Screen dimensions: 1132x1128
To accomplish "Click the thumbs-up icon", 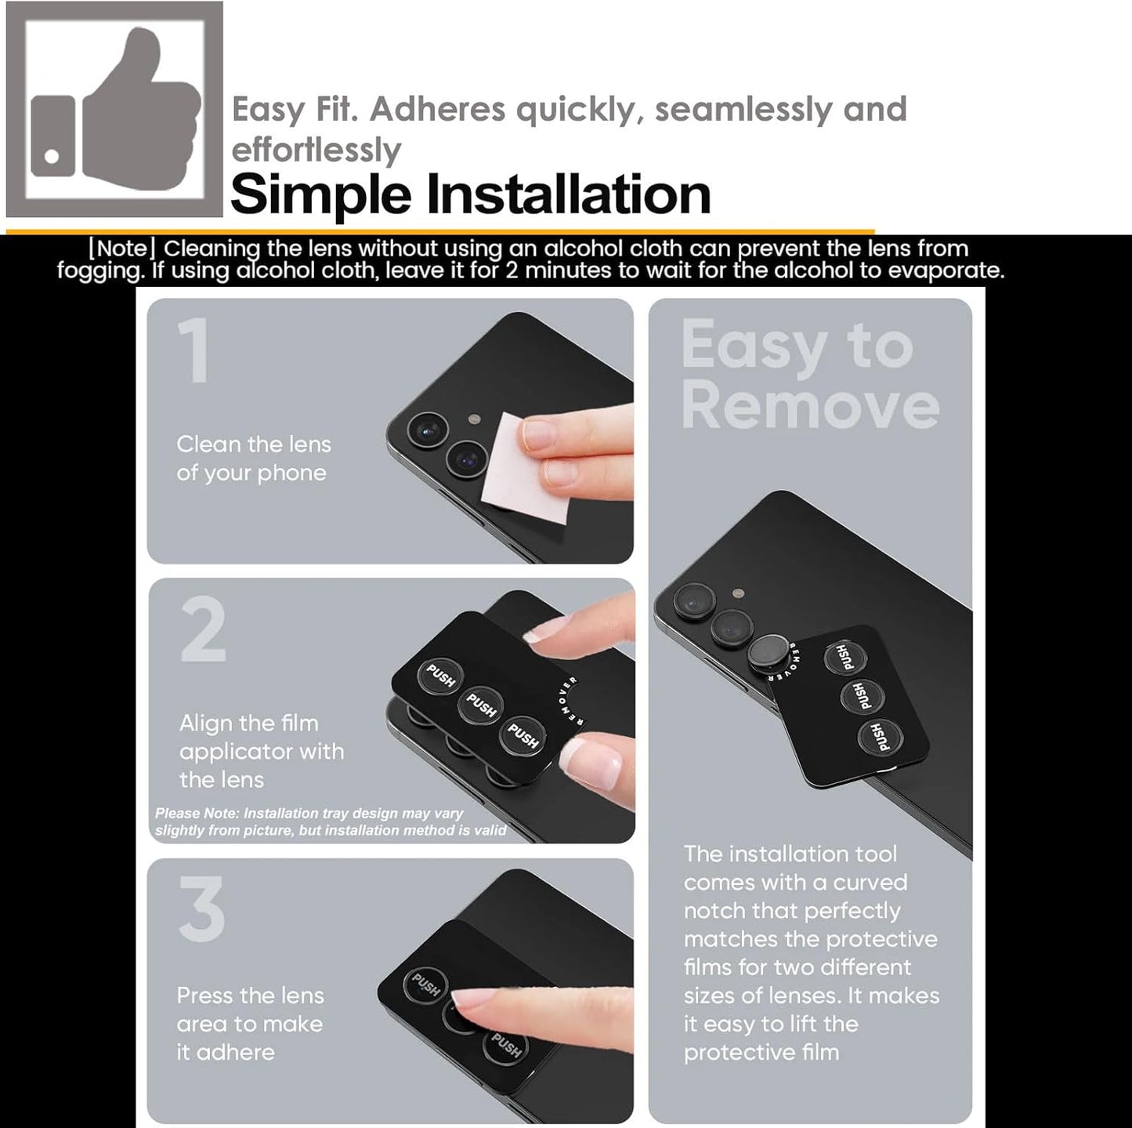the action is [114, 109].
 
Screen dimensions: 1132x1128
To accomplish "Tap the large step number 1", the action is [194, 351].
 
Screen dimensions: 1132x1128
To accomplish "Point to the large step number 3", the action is [202, 909].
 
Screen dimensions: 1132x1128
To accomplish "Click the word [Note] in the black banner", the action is [122, 248].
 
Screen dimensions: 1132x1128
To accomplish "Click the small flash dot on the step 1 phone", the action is [474, 419].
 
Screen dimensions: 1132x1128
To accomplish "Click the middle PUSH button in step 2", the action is [481, 704].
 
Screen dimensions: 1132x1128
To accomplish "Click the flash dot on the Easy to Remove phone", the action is [739, 593].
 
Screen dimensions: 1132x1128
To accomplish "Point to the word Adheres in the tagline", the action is [437, 109].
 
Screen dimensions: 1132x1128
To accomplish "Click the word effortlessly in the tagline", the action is [316, 151].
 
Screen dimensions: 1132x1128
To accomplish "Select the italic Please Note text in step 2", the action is [330, 822].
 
